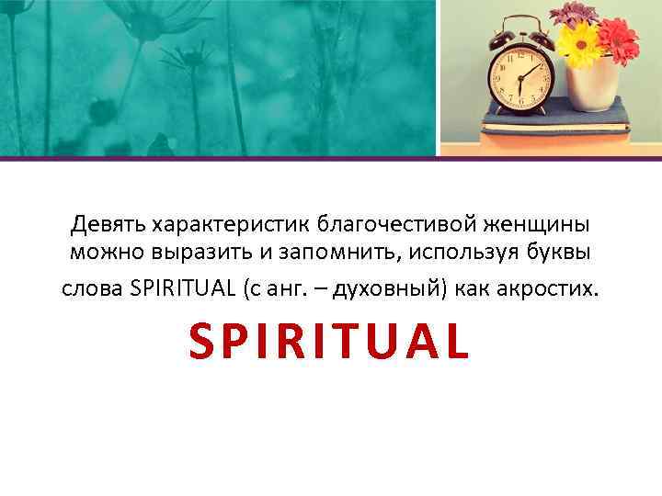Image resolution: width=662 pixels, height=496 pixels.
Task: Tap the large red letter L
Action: pyautogui.click(x=457, y=341)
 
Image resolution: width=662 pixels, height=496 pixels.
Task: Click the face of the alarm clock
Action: pyautogui.click(x=521, y=78)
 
